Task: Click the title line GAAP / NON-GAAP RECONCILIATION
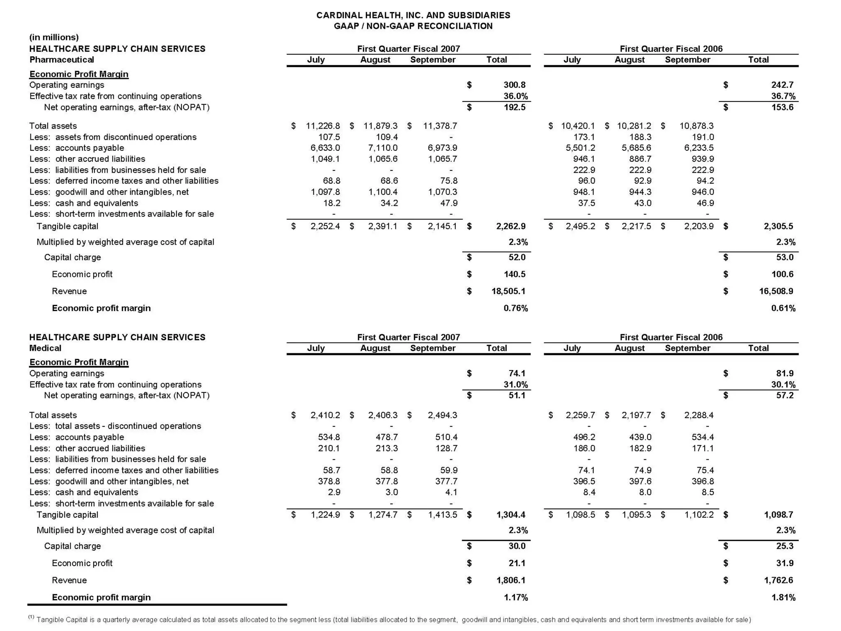click(413, 26)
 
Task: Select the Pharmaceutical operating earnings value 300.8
click(514, 85)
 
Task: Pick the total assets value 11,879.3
click(380, 126)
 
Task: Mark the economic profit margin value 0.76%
click(515, 308)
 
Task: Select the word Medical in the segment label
click(45, 348)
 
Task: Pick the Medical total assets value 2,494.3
click(442, 415)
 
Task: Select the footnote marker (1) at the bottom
click(31, 617)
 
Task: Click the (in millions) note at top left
click(54, 37)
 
